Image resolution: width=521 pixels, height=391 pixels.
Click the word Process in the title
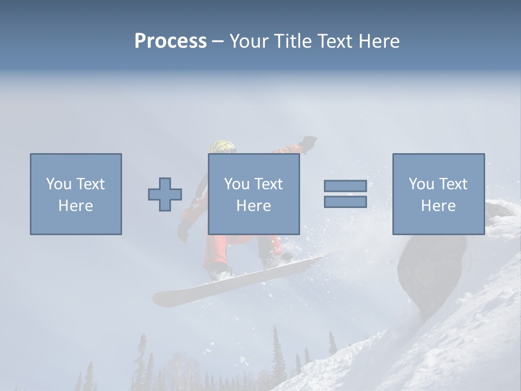click(170, 41)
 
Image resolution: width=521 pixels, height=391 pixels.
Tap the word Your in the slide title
click(249, 41)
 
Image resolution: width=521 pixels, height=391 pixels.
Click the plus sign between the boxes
click(165, 194)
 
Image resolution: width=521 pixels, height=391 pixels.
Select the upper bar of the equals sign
click(345, 186)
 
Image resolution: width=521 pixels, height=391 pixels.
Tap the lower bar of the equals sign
click(345, 202)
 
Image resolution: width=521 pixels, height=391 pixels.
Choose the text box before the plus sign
click(75, 194)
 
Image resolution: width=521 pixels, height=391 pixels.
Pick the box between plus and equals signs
click(253, 194)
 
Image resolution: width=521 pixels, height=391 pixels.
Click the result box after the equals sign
click(438, 194)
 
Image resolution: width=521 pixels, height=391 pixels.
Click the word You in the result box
click(421, 184)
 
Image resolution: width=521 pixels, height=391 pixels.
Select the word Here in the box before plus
click(75, 206)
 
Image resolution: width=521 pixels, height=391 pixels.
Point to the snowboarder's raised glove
click(309, 142)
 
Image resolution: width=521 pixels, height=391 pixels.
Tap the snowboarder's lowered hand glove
click(183, 232)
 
